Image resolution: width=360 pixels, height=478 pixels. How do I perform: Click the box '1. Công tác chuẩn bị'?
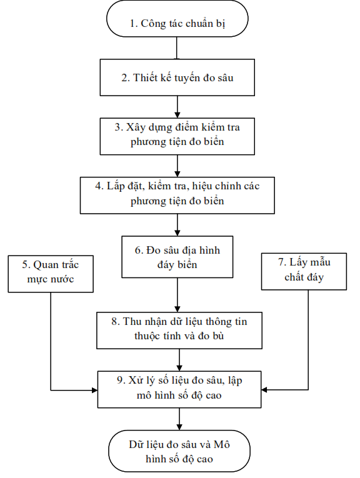[x=177, y=19]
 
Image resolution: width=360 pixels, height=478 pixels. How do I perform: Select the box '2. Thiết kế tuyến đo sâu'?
[x=177, y=77]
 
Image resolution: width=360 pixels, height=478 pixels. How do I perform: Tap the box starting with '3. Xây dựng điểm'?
[x=177, y=136]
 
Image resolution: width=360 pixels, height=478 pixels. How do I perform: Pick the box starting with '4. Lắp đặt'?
[x=177, y=195]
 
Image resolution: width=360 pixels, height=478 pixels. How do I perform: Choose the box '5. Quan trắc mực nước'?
[x=51, y=274]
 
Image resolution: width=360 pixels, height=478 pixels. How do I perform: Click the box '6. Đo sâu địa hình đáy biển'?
[x=177, y=257]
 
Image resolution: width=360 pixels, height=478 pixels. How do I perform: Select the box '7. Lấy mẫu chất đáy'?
[x=304, y=271]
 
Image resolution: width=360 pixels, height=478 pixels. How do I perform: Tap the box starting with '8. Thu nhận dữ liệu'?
[x=179, y=330]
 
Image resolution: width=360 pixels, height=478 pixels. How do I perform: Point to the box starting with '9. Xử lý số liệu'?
[x=179, y=389]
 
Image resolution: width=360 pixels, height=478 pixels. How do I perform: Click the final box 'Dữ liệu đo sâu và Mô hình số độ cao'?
[x=179, y=451]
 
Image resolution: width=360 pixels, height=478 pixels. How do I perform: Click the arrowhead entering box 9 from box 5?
[x=94, y=390]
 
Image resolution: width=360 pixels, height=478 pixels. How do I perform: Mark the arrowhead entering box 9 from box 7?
[x=264, y=390]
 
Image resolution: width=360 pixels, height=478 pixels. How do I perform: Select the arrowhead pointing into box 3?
[x=177, y=115]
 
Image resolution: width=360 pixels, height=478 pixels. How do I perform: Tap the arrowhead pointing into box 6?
[x=177, y=232]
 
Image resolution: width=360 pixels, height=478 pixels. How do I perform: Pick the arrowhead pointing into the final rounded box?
[x=179, y=427]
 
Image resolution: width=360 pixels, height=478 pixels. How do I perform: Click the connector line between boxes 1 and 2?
[x=177, y=48]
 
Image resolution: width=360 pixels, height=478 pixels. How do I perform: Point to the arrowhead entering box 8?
[x=177, y=309]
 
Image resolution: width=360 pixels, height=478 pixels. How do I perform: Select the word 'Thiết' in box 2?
[x=144, y=77]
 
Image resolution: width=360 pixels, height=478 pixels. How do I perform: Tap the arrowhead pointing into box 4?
[x=177, y=174]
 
